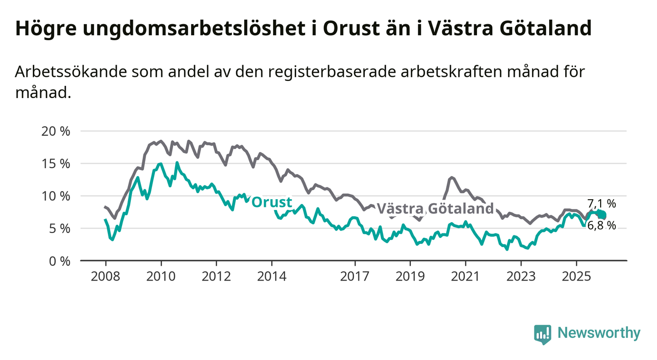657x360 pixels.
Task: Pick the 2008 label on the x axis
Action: [x=105, y=276]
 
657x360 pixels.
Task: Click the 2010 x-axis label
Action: [x=161, y=276]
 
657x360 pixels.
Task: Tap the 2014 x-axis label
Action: [x=272, y=276]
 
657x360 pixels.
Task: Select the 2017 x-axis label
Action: [x=355, y=276]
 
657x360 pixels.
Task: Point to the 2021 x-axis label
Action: [x=465, y=276]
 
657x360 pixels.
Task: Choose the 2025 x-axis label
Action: [x=576, y=276]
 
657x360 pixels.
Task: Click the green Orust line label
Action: [x=272, y=202]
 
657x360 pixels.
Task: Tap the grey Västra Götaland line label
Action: [x=435, y=208]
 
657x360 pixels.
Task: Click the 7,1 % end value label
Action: [x=601, y=204]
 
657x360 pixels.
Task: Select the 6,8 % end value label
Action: [x=601, y=225]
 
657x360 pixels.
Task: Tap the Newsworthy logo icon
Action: [x=542, y=334]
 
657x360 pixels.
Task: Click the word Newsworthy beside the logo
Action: [x=599, y=334]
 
